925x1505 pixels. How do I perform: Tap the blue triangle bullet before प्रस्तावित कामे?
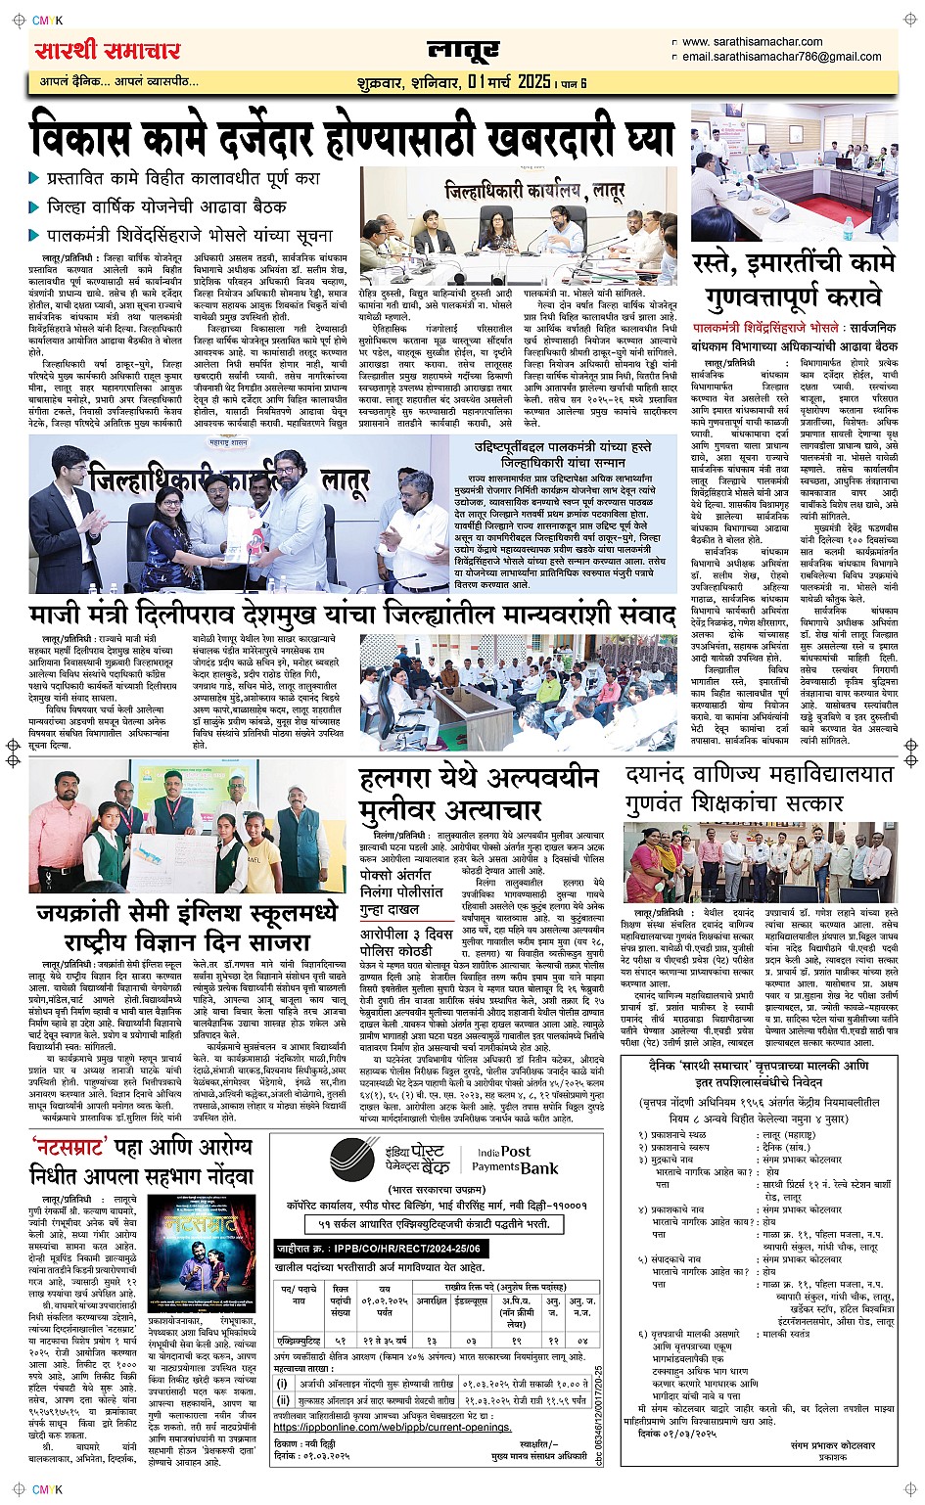(x=34, y=179)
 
